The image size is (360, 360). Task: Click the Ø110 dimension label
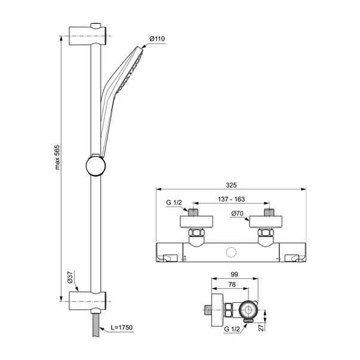click(x=157, y=39)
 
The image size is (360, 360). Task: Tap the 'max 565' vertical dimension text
click(x=57, y=157)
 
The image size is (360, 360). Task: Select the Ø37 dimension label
click(x=70, y=277)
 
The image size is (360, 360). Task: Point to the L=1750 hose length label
click(x=121, y=327)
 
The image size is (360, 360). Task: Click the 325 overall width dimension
click(x=231, y=185)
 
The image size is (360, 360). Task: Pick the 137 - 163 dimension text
click(x=231, y=199)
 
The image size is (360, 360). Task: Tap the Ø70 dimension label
click(x=237, y=214)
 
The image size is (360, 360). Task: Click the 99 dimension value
click(x=235, y=274)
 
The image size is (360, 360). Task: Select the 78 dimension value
click(x=232, y=284)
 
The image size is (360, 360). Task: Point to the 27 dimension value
click(x=261, y=327)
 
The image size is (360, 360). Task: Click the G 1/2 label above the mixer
click(x=174, y=202)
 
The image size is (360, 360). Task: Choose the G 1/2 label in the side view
click(x=232, y=329)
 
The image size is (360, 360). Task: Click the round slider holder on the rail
click(x=96, y=165)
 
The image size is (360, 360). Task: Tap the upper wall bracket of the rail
click(x=88, y=35)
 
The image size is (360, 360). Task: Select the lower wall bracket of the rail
click(x=88, y=301)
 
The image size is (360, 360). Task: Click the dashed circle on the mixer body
click(x=231, y=252)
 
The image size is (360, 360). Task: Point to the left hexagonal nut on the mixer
click(x=196, y=232)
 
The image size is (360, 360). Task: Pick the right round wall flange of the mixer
click(x=266, y=221)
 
